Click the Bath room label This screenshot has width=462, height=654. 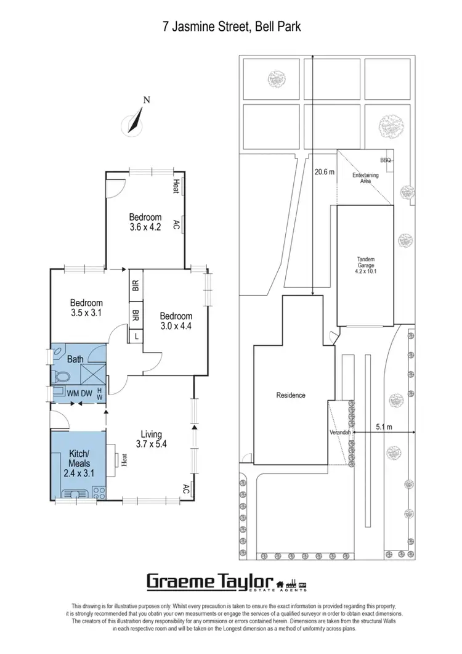point(75,358)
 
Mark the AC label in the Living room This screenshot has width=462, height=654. point(186,489)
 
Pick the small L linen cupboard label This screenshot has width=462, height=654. point(136,336)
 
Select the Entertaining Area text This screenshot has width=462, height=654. point(365,178)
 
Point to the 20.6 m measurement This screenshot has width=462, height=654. point(323,172)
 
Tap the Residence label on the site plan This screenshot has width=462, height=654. point(291,395)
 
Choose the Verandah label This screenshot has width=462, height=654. point(340,433)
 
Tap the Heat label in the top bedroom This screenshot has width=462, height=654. point(176,187)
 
